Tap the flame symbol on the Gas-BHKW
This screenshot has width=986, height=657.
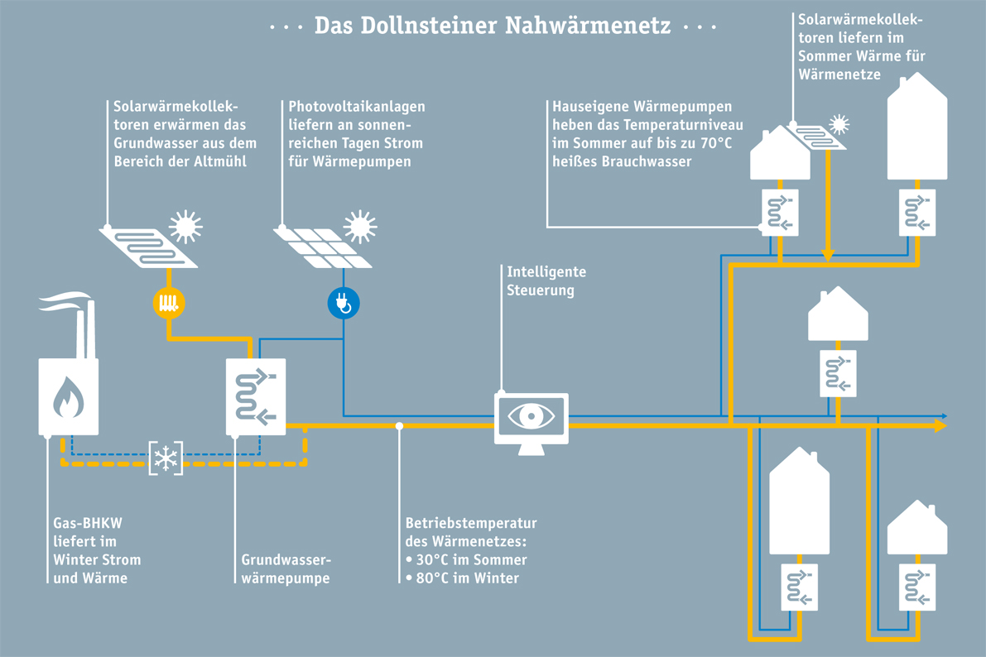pyautogui.click(x=69, y=397)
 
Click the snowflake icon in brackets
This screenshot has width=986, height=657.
pyautogui.click(x=166, y=458)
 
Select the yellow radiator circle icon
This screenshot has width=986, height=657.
pyautogui.click(x=168, y=303)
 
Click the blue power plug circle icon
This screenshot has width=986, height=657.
pyautogui.click(x=344, y=304)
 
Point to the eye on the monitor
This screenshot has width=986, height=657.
pyautogui.click(x=531, y=415)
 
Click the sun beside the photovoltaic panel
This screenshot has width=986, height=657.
pyautogui.click(x=359, y=225)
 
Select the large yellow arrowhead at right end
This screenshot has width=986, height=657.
pyautogui.click(x=940, y=425)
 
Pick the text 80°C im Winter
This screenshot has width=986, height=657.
pyautogui.click(x=468, y=578)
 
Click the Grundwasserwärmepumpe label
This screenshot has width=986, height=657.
pyautogui.click(x=285, y=568)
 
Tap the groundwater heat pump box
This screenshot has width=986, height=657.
pyautogui.click(x=256, y=396)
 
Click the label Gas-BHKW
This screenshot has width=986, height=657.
pyautogui.click(x=81, y=523)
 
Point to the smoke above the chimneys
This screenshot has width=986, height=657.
pyautogui.click(x=66, y=301)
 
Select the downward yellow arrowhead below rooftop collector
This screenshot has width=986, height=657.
pyautogui.click(x=826, y=254)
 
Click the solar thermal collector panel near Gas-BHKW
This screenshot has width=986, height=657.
pyautogui.click(x=148, y=247)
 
